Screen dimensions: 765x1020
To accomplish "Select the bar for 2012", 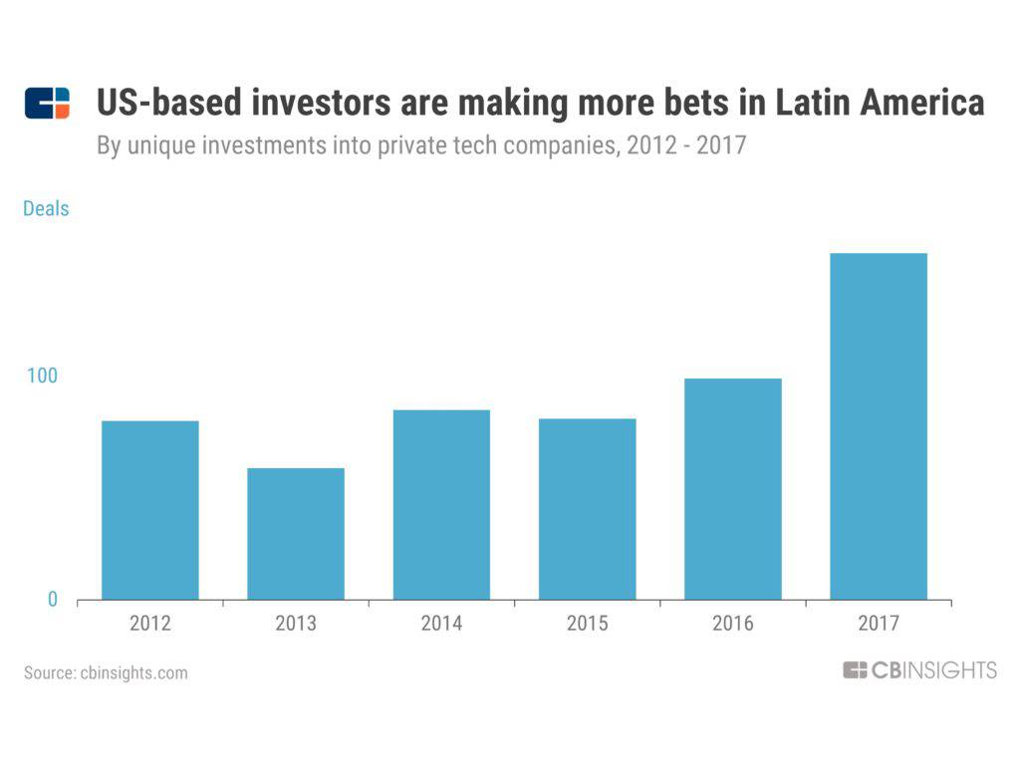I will (x=150, y=510).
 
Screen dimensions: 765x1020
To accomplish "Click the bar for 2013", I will (x=296, y=534).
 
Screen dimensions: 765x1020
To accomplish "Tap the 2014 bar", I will (x=441, y=505).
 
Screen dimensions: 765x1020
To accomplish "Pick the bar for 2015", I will (x=587, y=509).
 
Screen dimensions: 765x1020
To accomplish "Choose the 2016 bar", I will (x=733, y=489).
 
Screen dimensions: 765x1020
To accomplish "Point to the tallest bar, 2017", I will (x=879, y=426).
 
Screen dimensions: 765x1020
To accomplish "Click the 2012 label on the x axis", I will (x=150, y=625).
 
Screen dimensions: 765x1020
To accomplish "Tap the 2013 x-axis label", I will (x=296, y=625).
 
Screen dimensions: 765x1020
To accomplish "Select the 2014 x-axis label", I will (x=441, y=625).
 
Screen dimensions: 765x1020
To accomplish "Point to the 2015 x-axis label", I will (x=587, y=625).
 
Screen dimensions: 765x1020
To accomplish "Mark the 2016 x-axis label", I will (x=733, y=625).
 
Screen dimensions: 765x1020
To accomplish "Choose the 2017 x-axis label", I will (x=879, y=625).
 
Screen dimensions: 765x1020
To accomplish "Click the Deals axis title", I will (x=46, y=209).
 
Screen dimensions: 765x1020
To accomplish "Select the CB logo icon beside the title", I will (x=47, y=104).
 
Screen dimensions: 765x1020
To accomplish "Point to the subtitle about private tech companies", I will (x=421, y=146).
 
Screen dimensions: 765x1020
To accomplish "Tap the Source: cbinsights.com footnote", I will (x=106, y=672).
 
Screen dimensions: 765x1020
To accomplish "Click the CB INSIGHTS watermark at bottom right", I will (x=918, y=670).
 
